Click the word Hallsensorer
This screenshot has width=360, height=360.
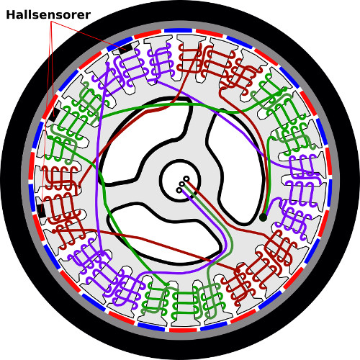pyautogui.click(x=48, y=15)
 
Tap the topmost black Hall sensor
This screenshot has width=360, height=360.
pyautogui.click(x=125, y=48)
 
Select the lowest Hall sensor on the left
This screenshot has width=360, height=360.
pyautogui.click(x=41, y=211)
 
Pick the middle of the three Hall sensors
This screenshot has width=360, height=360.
pyautogui.click(x=55, y=114)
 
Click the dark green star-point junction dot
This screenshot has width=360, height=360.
pyautogui.click(x=264, y=217)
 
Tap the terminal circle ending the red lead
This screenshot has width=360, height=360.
pyautogui.click(x=186, y=179)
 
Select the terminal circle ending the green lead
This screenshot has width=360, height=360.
pyautogui.click(x=182, y=184)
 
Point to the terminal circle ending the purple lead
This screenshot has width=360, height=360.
pyautogui.click(x=179, y=190)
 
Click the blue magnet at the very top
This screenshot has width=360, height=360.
pyautogui.click(x=178, y=30)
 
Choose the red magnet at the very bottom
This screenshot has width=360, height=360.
pyautogui.click(x=183, y=330)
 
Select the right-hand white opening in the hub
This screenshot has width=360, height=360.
pyautogui.click(x=236, y=166)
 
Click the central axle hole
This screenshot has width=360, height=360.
pyautogui.click(x=180, y=180)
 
